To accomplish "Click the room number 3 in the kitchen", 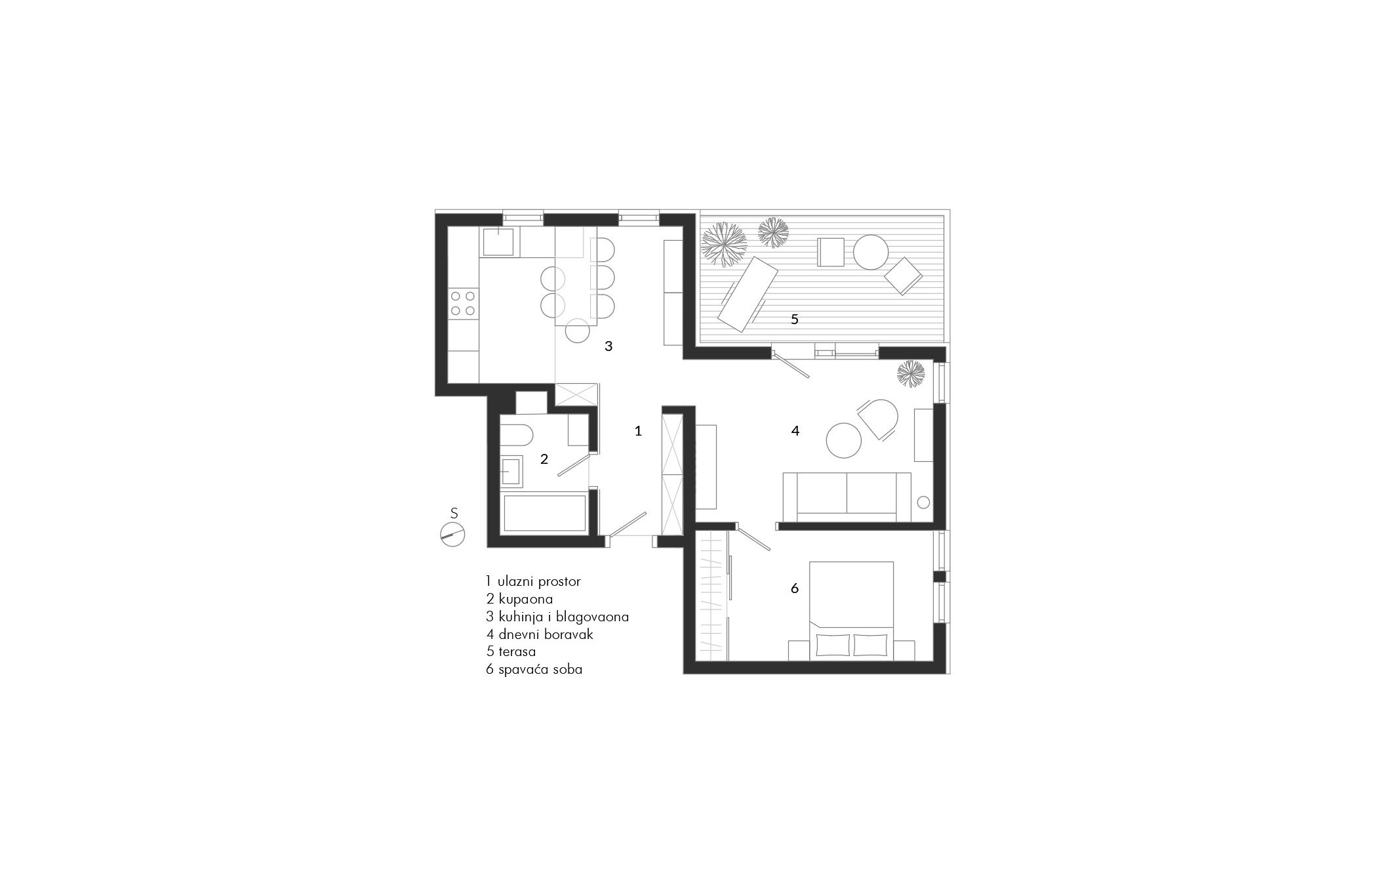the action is click(609, 346).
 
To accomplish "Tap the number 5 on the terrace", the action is click(794, 319).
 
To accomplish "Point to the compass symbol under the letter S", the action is click(452, 534).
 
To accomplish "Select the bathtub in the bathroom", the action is click(544, 514).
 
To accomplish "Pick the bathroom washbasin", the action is click(512, 471).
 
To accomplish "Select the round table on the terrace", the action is click(870, 253).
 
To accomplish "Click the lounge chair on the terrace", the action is click(748, 293).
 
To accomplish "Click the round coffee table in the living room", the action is click(844, 440).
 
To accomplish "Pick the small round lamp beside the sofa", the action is click(923, 503).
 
